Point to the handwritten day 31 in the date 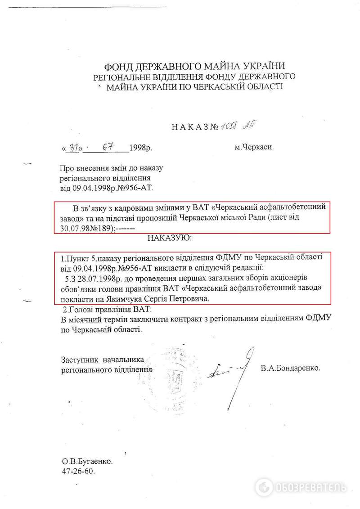tap(72, 147)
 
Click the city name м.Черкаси tap(253, 147)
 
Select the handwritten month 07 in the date tap(107, 147)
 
